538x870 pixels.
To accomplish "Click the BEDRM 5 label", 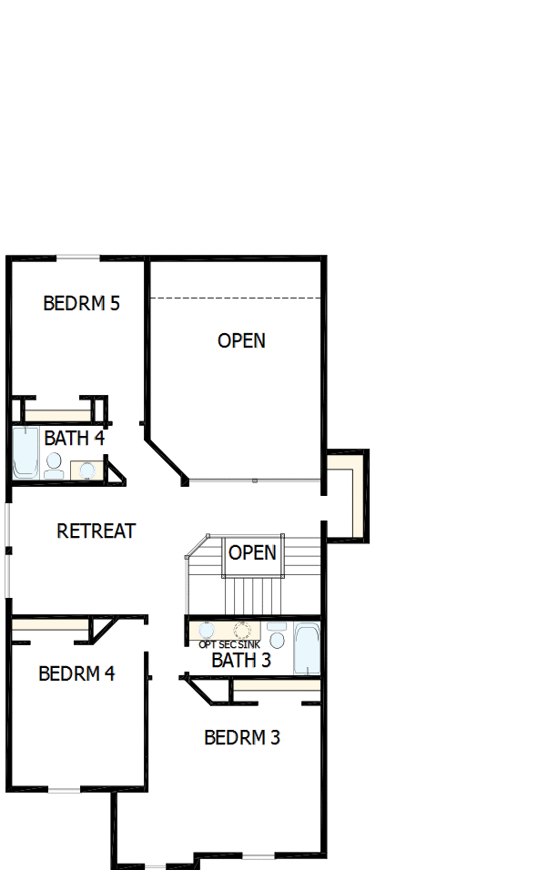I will tap(81, 303).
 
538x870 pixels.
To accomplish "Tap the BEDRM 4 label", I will tap(76, 673).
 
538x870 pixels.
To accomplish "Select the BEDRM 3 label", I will tap(241, 737).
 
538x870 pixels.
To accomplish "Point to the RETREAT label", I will tap(96, 531).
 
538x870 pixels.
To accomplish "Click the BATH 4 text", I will tap(74, 438).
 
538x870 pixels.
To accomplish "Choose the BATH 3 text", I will tap(241, 660).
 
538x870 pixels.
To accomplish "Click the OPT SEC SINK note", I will tap(229, 644).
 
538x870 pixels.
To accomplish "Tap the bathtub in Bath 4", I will tap(25, 452).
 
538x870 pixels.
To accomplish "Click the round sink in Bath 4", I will tap(87, 470).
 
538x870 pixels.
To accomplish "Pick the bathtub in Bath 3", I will tap(307, 648).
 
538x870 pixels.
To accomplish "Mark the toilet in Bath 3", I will tap(278, 636).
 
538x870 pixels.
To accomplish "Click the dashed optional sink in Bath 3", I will tap(242, 630).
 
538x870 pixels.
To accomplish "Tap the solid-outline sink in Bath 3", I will tap(207, 630).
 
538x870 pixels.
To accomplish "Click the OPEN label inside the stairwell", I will tap(252, 552).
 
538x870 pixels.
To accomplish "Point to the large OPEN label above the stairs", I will tap(241, 340).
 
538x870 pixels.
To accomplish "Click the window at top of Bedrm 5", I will tap(77, 258).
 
